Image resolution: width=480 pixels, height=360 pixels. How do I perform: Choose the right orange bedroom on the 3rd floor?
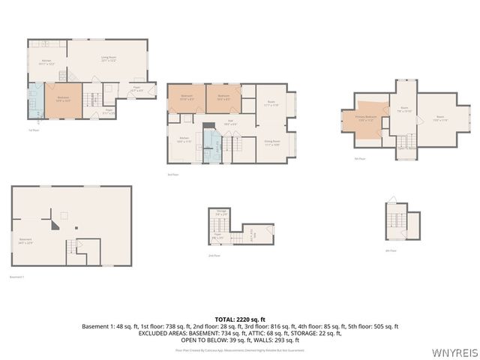(223, 98)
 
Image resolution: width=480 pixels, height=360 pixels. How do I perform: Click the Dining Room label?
(272, 142)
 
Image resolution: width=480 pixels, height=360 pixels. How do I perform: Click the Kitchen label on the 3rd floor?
(184, 140)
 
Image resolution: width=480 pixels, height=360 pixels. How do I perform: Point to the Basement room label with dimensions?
(26, 241)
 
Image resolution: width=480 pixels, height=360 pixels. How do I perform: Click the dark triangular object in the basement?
(55, 223)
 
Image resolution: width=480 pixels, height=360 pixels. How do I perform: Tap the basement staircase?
(73, 247)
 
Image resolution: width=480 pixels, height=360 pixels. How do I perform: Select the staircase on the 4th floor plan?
(394, 220)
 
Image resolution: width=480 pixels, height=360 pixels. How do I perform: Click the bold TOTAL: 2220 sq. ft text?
(240, 319)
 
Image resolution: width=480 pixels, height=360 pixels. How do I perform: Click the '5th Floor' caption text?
(361, 158)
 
